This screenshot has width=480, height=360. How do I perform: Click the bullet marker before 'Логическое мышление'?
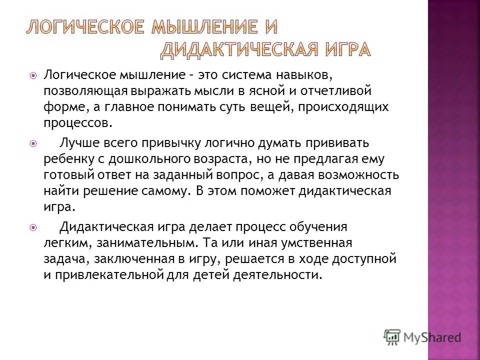point(33,76)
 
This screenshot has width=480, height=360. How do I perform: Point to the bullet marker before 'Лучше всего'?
point(33,143)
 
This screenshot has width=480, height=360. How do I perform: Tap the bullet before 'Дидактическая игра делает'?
point(33,227)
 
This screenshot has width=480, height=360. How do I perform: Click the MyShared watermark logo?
point(422,336)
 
